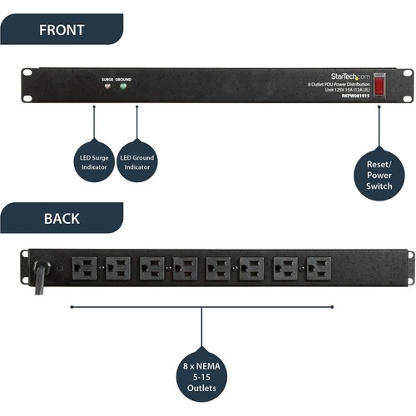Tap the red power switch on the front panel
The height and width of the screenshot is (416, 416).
pos(379,85)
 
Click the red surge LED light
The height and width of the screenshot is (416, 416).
pos(106,85)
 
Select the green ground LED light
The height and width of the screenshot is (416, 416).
pos(123,85)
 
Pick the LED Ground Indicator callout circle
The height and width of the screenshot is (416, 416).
pos(137,162)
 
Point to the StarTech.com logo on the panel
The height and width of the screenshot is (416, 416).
pos(337,75)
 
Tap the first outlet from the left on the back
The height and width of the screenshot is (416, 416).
pos(85,268)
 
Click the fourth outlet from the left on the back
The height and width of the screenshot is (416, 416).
pos(185,268)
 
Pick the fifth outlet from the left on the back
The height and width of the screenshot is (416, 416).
pos(218,268)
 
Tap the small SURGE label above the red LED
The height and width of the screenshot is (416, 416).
pos(106,77)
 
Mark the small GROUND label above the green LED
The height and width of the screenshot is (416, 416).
pos(123,77)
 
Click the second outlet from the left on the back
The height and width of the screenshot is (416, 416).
pos(118,268)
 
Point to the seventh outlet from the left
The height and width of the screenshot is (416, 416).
pos(285,268)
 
